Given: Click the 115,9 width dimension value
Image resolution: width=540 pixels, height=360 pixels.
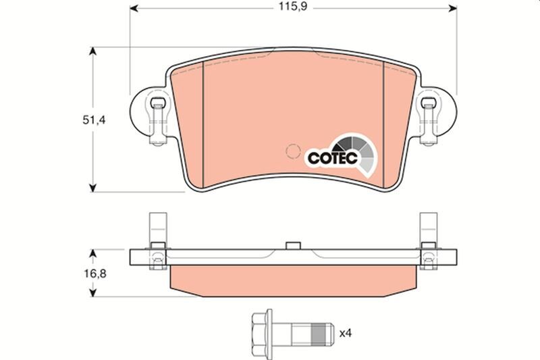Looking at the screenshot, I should (x=291, y=9).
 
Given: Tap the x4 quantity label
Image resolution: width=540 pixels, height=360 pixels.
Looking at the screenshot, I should (x=346, y=333).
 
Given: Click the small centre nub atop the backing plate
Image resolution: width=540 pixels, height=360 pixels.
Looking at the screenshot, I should (x=292, y=246).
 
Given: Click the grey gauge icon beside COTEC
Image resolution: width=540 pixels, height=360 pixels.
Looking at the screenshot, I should (x=355, y=152).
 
